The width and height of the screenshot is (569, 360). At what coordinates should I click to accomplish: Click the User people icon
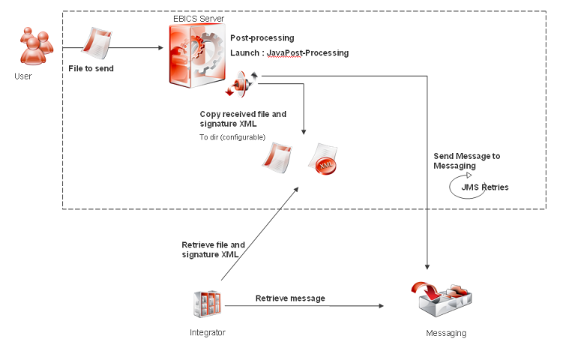(35, 46)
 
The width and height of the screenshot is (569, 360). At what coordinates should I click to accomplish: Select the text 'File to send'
(91, 68)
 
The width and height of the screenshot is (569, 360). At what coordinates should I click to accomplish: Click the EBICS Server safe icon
(196, 55)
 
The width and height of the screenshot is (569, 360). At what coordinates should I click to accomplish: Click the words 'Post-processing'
(262, 37)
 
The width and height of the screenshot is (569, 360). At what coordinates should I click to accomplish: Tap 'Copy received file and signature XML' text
(243, 118)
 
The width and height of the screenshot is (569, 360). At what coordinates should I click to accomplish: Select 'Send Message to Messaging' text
(466, 160)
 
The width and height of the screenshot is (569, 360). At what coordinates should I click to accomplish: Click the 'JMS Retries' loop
(476, 186)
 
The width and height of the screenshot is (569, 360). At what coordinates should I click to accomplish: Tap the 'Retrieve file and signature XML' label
(213, 249)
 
